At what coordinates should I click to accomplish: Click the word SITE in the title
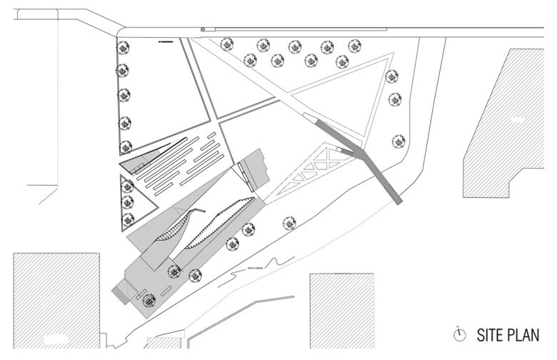(487, 334)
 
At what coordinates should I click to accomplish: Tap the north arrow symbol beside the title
(460, 334)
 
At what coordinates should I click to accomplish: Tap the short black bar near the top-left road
(166, 42)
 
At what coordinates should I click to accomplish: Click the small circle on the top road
(203, 29)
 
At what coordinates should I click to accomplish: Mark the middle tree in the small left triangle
(128, 201)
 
